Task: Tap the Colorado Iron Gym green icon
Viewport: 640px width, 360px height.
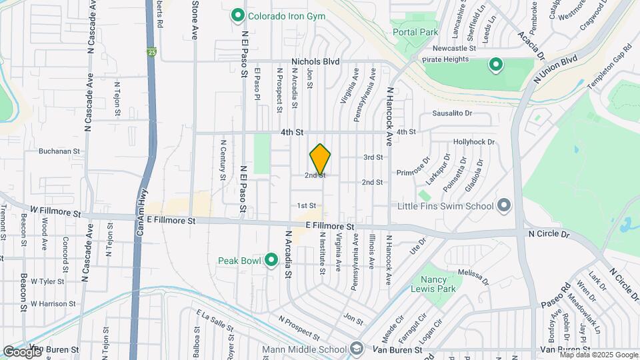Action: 237,15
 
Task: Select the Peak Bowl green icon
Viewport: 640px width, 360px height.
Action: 271,259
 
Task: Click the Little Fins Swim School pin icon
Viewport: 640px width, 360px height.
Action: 503,205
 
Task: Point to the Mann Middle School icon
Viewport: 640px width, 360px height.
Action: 357,349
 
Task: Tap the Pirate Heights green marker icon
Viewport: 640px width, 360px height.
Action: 495,65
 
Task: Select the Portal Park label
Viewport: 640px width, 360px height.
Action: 415,31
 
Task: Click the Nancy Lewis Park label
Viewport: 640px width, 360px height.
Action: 438,284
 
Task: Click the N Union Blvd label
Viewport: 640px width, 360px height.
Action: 555,69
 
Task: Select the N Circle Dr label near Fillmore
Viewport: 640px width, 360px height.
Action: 549,235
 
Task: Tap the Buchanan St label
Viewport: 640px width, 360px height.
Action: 59,151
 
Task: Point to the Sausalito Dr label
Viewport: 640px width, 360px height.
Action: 452,113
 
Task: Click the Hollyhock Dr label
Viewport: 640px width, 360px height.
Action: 474,142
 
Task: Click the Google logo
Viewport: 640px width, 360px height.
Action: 22,351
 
